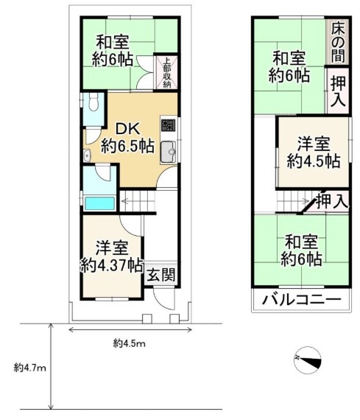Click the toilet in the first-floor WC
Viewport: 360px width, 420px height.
[x=93, y=102]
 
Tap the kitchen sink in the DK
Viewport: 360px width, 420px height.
[x=168, y=152]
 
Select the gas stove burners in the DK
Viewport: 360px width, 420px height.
[x=168, y=125]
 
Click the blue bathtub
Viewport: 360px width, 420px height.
[x=99, y=203]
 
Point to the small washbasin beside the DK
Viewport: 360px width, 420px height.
[x=87, y=155]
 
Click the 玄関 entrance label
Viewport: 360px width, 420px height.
[x=161, y=275]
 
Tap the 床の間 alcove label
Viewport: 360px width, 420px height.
[x=338, y=42]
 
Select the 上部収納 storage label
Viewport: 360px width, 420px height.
[x=167, y=72]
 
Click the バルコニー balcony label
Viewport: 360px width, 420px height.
[x=301, y=299]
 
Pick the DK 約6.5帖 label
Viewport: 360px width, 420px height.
[x=127, y=138]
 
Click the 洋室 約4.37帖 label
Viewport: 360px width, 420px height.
[x=112, y=256]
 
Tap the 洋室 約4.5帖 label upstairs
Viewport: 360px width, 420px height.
[x=314, y=152]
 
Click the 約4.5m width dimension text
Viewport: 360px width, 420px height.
[x=130, y=343]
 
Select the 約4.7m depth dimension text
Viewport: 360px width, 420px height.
[x=30, y=368]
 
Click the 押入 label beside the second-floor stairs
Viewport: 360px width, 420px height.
[x=332, y=201]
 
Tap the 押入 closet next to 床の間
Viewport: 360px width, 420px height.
[x=338, y=91]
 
